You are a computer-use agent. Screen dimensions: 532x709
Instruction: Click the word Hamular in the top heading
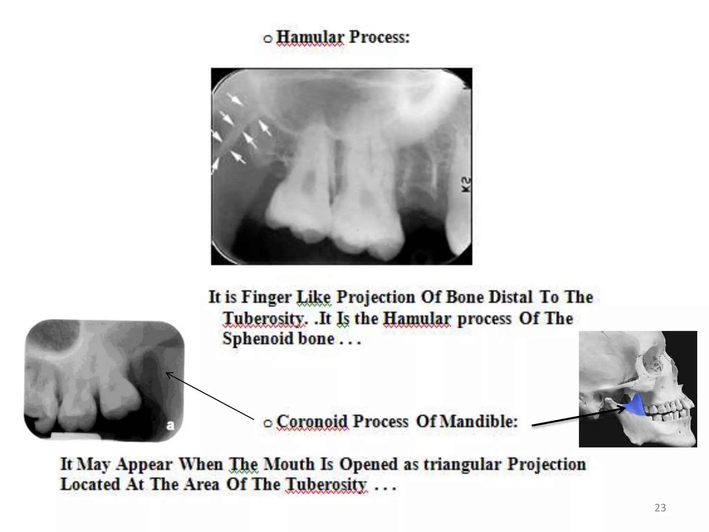tap(310, 37)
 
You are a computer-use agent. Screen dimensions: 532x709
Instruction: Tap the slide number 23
tap(660, 508)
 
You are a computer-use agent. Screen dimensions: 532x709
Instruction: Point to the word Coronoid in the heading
tap(312, 422)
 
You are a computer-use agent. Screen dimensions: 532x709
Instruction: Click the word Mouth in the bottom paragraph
tap(289, 464)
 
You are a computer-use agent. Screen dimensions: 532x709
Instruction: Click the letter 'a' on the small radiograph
tap(170, 425)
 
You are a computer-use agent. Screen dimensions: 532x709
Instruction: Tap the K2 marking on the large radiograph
tap(466, 185)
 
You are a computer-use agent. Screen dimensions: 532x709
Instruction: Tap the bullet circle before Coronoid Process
tap(268, 423)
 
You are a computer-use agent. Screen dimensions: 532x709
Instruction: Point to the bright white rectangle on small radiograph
tap(76, 436)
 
